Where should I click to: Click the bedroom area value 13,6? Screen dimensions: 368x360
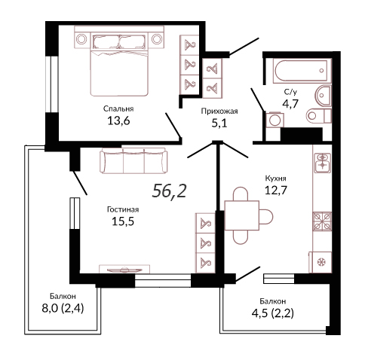pos(118,121)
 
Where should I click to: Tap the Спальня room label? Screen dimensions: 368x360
pos(118,108)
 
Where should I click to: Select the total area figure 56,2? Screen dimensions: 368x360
pos(169,191)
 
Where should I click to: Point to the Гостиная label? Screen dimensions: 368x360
pos(123,209)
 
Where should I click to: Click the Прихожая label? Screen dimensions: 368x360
pos(219,111)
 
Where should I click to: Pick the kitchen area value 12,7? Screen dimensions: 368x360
pos(276,191)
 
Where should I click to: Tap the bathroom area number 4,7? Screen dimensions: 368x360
pos(290,103)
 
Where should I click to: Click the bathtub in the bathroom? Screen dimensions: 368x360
pos(301,71)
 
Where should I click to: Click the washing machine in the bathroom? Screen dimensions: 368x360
pos(275,120)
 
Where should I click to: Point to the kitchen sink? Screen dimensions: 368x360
pos(322,163)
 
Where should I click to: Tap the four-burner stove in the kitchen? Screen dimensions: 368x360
pos(322,221)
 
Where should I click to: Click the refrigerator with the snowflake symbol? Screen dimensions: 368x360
pos(320,262)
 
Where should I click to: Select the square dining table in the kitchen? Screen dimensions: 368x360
pos(242,215)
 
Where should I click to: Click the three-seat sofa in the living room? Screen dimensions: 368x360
pos(133,160)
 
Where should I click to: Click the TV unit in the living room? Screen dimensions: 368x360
pos(124,269)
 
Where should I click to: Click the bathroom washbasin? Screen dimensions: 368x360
pos(324,96)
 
